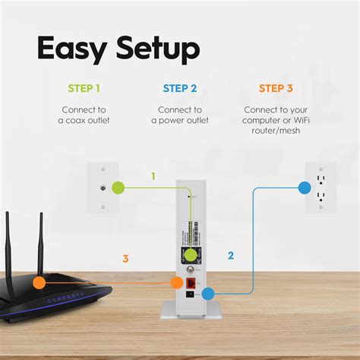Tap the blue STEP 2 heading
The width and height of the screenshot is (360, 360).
click(x=180, y=89)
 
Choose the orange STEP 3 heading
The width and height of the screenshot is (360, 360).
click(x=276, y=89)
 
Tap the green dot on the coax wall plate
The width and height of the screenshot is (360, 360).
click(x=117, y=187)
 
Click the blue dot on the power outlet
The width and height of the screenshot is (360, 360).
click(x=304, y=187)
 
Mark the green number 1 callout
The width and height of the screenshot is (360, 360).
click(x=153, y=176)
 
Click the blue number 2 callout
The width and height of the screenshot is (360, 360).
click(x=229, y=256)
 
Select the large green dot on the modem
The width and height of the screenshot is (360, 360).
click(x=191, y=255)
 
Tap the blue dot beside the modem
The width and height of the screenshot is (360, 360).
click(x=208, y=292)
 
